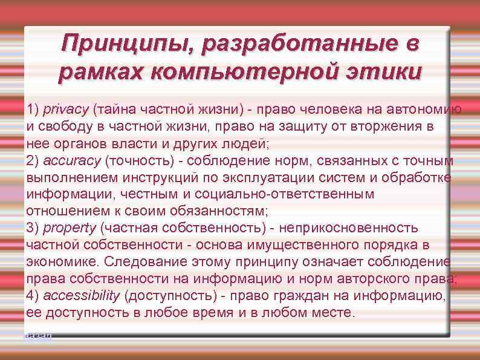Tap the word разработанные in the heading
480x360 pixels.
300,44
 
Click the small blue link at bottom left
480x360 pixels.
38,335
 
